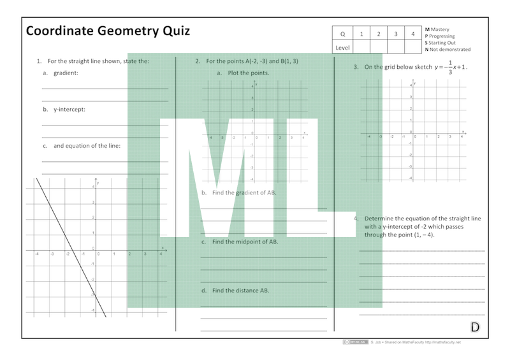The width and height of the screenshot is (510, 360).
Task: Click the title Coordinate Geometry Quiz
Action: [x=108, y=31]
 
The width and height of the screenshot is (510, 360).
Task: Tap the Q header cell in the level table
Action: [x=342, y=34]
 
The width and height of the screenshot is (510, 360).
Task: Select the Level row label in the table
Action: [x=342, y=48]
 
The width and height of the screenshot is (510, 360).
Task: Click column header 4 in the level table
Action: [x=412, y=34]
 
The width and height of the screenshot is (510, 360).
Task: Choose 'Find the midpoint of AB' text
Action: [x=245, y=242]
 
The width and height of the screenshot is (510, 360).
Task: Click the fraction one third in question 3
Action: [x=449, y=67]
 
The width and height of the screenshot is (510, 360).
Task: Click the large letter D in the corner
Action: [x=475, y=328]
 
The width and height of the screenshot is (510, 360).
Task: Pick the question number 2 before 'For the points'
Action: [x=198, y=61]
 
